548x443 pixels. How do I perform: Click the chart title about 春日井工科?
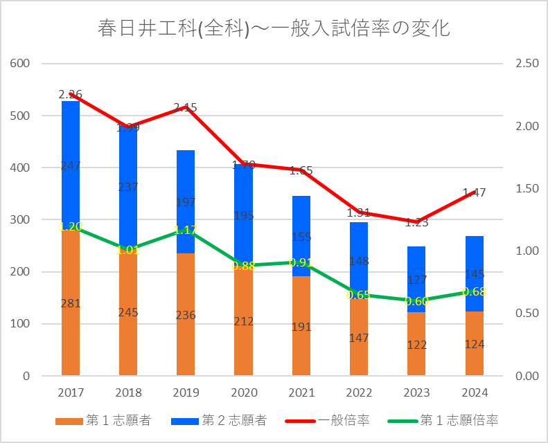pyautogui.click(x=274, y=29)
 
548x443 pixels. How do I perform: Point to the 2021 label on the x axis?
pyautogui.click(x=301, y=393)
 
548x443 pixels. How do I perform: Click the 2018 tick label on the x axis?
pyautogui.click(x=128, y=393)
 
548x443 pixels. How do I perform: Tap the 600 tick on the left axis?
pyautogui.click(x=21, y=64)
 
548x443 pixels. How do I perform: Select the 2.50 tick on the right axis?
pyautogui.click(x=527, y=64)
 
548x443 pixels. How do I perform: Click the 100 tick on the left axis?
pyautogui.click(x=21, y=324)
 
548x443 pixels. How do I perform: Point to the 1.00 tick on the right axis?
pyautogui.click(x=527, y=251)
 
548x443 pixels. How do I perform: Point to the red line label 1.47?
pyautogui.click(x=474, y=193)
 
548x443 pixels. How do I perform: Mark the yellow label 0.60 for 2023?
pyautogui.click(x=416, y=301)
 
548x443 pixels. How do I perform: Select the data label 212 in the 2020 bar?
pyautogui.click(x=244, y=321)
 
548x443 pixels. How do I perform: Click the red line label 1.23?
pyautogui.click(x=416, y=222)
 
